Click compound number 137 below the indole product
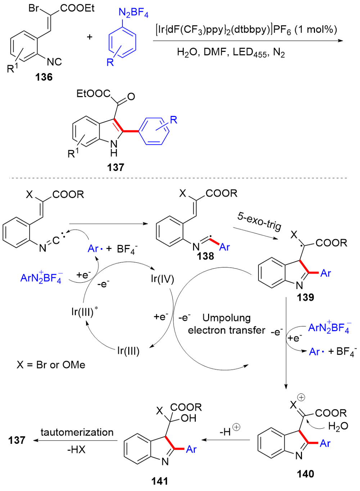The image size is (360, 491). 115,167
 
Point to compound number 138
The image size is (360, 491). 205,256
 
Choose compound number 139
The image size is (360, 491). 305,297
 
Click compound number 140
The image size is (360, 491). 305,474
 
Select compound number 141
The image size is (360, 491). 159,481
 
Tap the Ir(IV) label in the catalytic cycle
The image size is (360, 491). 162,279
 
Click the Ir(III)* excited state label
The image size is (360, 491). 84,311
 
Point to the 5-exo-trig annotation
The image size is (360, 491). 259,220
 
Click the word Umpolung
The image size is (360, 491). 226,318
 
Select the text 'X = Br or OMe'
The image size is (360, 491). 51,365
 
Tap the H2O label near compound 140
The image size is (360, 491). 338,427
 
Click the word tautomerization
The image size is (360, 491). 77,432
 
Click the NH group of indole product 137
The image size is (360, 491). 114,148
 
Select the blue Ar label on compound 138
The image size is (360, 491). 224,247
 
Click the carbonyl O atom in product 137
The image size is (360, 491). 131,96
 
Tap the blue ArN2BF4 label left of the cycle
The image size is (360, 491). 41,278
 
